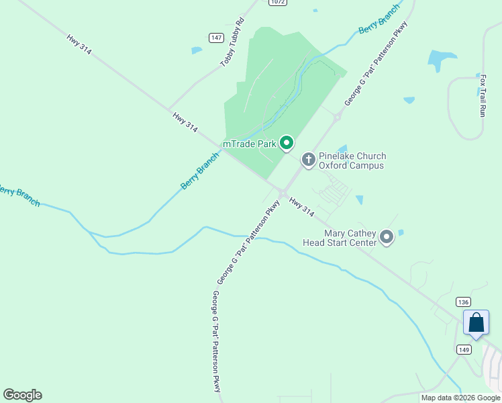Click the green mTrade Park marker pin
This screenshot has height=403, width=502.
pyautogui.click(x=287, y=142)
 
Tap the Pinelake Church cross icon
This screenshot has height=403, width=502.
pyautogui.click(x=308, y=160)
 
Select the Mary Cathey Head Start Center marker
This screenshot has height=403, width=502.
pyautogui.click(x=387, y=237)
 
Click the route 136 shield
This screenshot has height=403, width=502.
pyautogui.click(x=462, y=302)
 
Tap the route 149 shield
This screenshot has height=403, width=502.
pyautogui.click(x=464, y=349)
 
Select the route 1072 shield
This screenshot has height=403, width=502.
pyautogui.click(x=278, y=3)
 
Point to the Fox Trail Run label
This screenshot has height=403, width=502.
pyautogui.click(x=483, y=96)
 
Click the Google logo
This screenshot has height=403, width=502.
pyautogui.click(x=22, y=395)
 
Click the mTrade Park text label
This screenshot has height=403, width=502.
pyautogui.click(x=249, y=143)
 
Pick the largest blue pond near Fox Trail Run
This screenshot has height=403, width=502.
pyautogui.click(x=441, y=60)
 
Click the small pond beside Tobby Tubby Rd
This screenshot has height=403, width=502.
pyautogui.click(x=196, y=50)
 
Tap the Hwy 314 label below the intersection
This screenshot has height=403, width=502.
pyautogui.click(x=302, y=206)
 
